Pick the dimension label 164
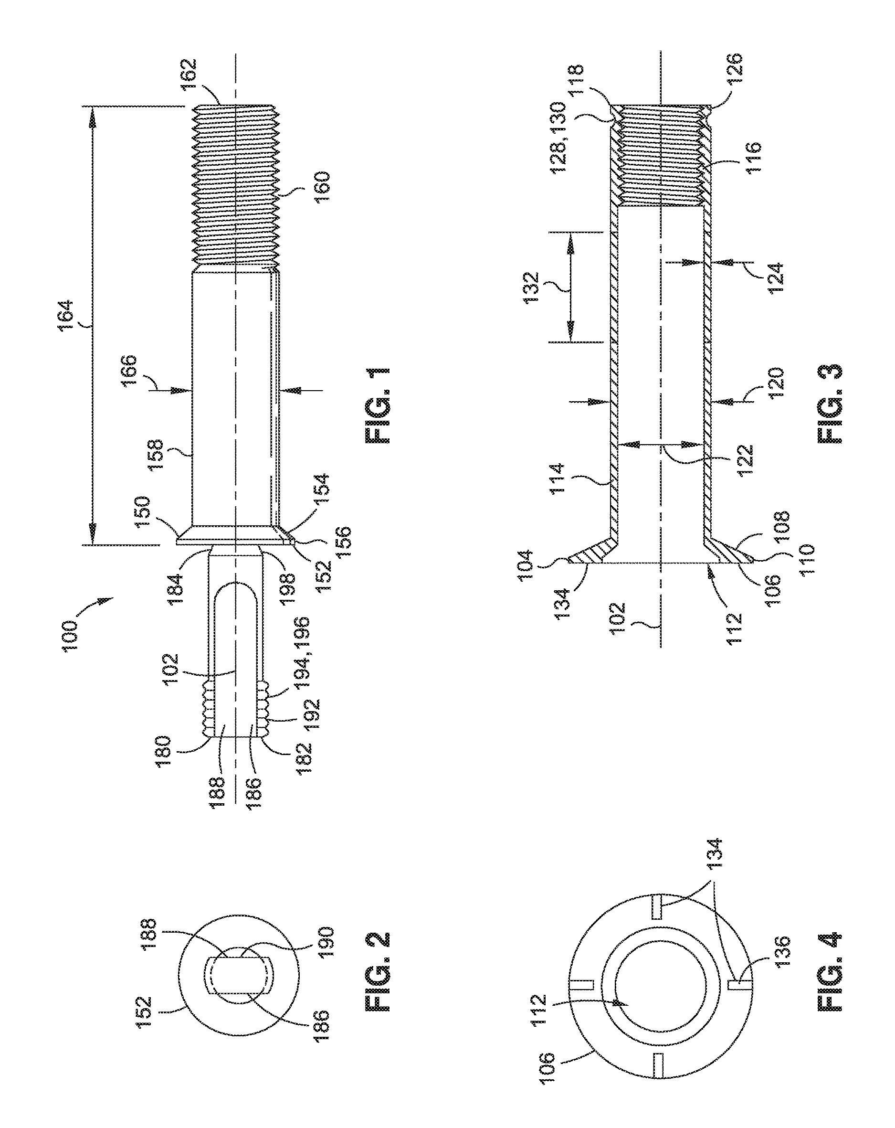click(x=67, y=316)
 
